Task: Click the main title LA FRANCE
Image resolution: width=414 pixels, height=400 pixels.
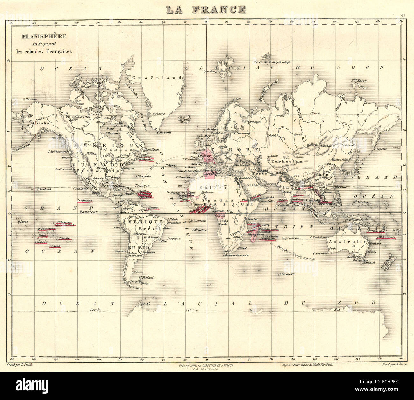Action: click(x=206, y=10)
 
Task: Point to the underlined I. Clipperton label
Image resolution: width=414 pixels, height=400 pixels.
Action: click(x=84, y=200)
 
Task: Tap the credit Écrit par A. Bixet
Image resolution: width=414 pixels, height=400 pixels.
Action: click(x=394, y=366)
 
